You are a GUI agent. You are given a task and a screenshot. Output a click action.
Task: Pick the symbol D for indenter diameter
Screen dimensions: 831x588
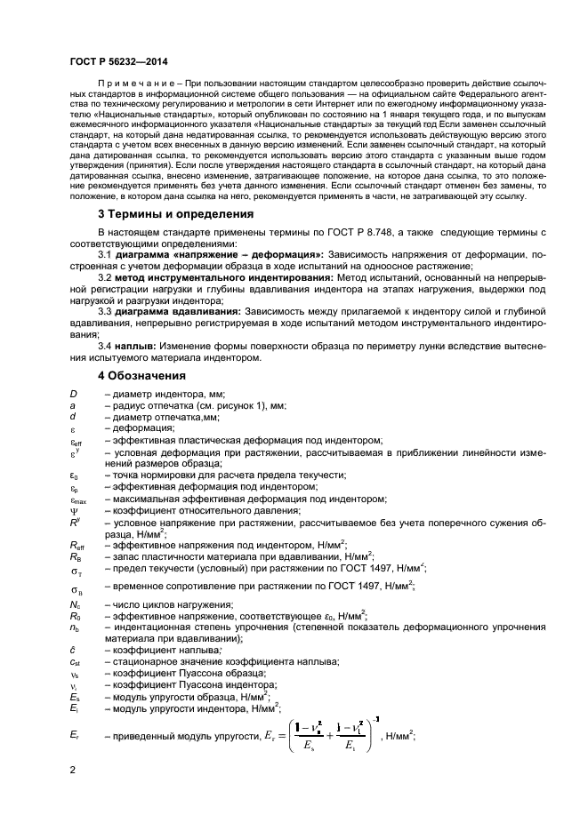(74, 394)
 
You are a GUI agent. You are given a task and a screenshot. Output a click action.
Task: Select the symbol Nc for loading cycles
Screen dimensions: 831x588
(75, 604)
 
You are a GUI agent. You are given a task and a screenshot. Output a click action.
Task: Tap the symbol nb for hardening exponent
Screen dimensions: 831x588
(75, 627)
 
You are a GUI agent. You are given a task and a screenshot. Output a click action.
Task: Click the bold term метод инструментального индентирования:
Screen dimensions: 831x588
(211, 277)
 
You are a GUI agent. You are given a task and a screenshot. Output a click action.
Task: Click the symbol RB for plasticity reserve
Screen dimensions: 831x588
(76, 555)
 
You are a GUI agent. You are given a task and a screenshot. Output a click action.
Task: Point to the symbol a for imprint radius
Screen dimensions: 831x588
(73, 405)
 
